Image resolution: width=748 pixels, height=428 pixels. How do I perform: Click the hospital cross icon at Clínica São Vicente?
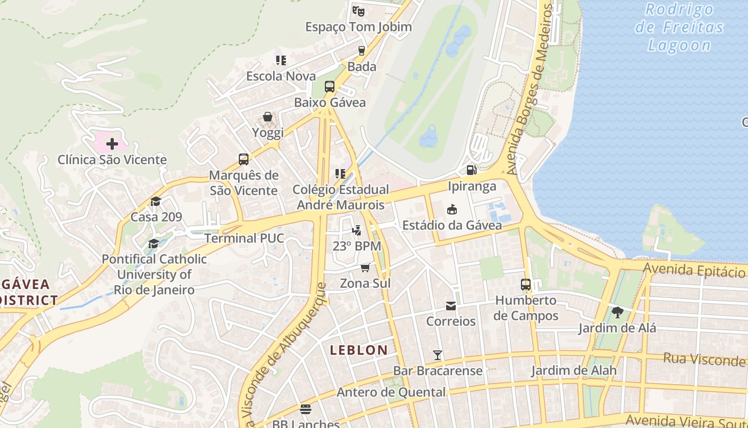(x=112, y=144)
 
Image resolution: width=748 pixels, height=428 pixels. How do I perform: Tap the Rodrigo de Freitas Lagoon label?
(x=679, y=27)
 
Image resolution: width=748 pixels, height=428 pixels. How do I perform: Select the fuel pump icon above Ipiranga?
(x=471, y=170)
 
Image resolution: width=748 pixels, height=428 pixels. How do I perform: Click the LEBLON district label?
(x=359, y=350)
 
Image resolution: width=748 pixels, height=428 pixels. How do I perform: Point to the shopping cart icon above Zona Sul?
(x=365, y=267)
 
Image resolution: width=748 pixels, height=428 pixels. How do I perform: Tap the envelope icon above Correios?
(x=451, y=306)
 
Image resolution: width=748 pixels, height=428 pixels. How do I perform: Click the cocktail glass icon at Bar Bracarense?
(x=438, y=355)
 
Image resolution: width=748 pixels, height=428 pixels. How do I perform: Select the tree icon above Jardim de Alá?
(x=618, y=312)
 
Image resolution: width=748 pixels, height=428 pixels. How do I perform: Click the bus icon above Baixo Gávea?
(x=330, y=87)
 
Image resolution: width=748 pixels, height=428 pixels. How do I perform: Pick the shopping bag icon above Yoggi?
(x=268, y=117)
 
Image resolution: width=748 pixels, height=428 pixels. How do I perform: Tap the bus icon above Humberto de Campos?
(x=526, y=285)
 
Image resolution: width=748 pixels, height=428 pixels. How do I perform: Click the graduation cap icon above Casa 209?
(x=155, y=201)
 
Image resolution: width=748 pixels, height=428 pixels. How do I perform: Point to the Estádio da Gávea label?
(x=452, y=225)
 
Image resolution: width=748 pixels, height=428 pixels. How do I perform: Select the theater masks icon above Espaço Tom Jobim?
(x=358, y=10)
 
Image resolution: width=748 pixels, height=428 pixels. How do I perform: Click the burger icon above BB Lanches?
(x=306, y=409)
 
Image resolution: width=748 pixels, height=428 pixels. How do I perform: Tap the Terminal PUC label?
(x=244, y=238)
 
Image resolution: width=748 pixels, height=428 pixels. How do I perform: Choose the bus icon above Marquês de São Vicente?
(x=244, y=159)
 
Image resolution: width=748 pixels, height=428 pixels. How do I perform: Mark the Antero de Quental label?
(x=391, y=392)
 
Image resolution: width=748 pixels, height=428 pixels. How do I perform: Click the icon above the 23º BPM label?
(x=356, y=231)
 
